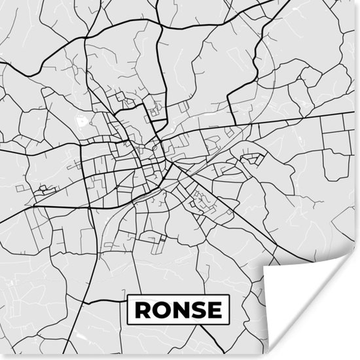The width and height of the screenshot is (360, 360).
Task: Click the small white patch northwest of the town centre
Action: coord(82,120)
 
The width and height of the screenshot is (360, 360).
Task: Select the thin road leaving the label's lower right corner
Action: coord(239,327)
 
